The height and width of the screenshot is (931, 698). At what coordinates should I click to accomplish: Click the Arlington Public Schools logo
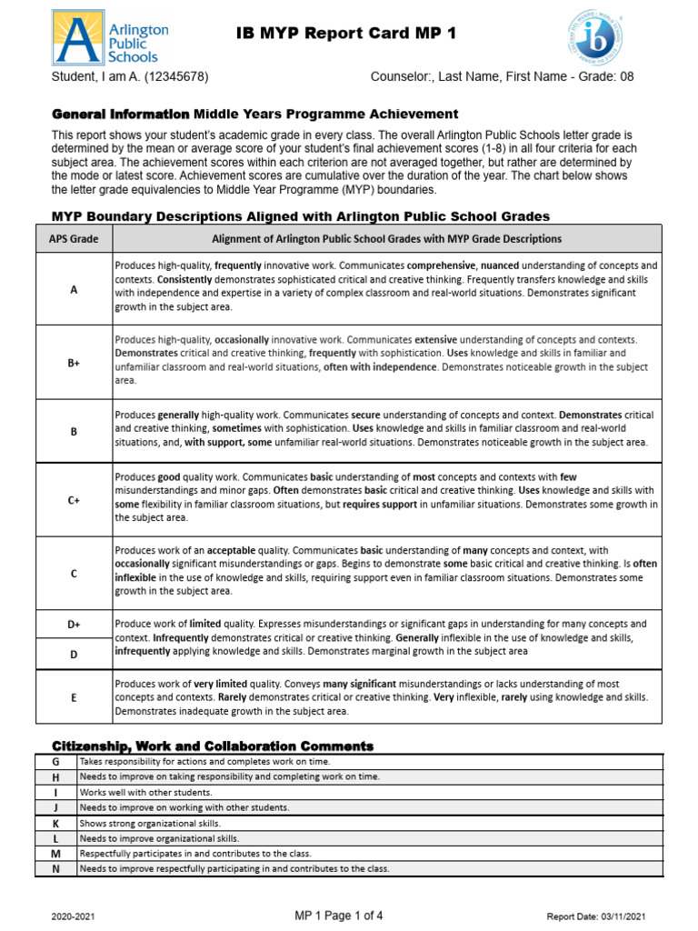point(110,36)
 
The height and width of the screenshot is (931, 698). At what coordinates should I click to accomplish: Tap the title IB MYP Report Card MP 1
point(345,34)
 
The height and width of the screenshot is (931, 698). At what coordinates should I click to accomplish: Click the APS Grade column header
point(74,239)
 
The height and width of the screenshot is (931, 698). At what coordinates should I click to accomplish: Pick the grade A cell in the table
point(74,289)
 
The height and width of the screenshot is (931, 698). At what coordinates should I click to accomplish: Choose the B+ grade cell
point(74,362)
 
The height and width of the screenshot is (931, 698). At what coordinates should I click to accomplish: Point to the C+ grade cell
point(74,499)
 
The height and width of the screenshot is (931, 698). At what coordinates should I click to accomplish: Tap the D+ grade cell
point(74,625)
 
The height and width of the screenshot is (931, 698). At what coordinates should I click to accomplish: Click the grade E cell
point(74,696)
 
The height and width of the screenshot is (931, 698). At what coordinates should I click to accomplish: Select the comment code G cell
point(55,761)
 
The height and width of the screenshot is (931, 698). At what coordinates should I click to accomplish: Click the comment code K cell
point(55,823)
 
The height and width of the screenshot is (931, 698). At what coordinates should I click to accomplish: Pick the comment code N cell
point(55,869)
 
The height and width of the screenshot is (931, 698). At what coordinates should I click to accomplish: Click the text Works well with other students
point(135,792)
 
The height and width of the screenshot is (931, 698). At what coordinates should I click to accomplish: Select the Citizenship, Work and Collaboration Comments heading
point(213,746)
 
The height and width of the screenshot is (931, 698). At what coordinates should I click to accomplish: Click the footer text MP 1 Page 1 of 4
point(339,916)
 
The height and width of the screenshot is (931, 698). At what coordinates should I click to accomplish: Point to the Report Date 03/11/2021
point(595,916)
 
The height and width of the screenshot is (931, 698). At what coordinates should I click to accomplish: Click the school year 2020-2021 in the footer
point(74,916)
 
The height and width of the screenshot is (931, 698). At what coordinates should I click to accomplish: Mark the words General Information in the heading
point(120,114)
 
